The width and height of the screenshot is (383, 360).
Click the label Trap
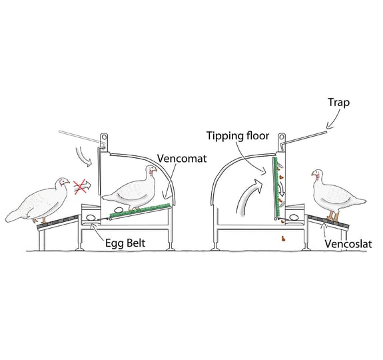(x=338, y=103)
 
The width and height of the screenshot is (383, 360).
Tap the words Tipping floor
(x=238, y=136)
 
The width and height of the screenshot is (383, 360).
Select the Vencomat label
(x=182, y=159)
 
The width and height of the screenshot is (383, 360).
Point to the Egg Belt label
(x=125, y=243)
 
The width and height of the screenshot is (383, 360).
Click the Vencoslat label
(x=348, y=244)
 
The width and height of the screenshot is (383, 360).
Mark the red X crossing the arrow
(x=81, y=186)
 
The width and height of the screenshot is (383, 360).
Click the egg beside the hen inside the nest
(x=119, y=210)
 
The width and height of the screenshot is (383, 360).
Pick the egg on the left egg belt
(x=91, y=217)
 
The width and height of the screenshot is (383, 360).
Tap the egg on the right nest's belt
(x=293, y=217)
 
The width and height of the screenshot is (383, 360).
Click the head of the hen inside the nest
(x=151, y=170)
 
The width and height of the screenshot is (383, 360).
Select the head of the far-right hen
(x=317, y=173)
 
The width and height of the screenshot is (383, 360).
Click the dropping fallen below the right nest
(x=283, y=239)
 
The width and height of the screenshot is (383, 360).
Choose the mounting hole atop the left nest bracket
(x=105, y=137)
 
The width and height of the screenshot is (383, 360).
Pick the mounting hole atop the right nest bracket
(x=282, y=137)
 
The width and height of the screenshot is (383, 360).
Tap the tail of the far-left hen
(x=15, y=215)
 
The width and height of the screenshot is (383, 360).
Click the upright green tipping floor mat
(x=276, y=188)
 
